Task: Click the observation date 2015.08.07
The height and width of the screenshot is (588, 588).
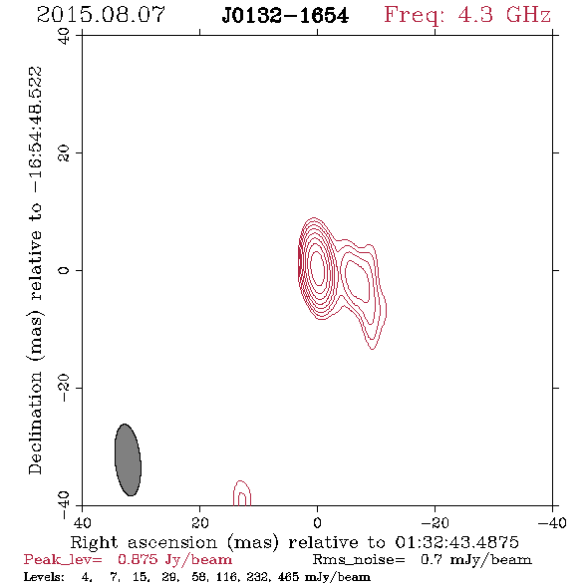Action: coord(101,15)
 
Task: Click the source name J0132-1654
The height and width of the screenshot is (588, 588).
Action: coord(285,16)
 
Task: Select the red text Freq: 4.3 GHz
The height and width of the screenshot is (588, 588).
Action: coord(467,15)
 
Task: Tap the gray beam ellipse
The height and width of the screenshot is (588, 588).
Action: coord(128,459)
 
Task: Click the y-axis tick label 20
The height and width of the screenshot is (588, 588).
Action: coord(64,153)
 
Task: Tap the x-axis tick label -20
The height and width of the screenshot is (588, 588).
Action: coord(435,522)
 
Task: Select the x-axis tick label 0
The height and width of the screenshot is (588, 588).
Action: coord(317,522)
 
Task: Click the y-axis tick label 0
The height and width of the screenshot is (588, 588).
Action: coord(64,270)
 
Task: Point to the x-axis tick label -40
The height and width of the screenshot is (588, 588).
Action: coord(552,522)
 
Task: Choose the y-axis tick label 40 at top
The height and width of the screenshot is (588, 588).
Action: coord(64,36)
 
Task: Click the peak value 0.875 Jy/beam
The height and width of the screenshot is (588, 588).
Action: coord(174,559)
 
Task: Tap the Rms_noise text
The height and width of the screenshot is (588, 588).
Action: coord(359,560)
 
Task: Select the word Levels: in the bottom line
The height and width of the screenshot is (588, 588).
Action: coord(44,576)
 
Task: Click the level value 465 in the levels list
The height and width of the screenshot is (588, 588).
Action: coord(288,576)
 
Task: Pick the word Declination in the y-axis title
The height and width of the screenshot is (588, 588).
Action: coord(35,423)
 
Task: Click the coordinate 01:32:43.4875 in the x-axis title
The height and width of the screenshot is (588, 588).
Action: coord(456,542)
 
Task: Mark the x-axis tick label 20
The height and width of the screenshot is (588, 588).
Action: coord(199,522)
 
